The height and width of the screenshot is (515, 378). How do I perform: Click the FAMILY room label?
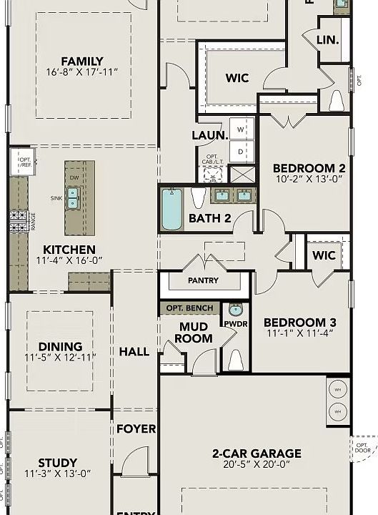(81, 62)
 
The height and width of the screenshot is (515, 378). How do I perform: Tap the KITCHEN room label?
(69, 250)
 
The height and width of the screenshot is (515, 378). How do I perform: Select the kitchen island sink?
(72, 203)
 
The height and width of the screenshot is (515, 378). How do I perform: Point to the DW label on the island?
(74, 177)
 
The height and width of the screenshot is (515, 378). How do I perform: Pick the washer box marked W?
(241, 129)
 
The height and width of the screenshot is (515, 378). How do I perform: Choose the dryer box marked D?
(241, 152)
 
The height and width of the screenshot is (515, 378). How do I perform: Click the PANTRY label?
(203, 281)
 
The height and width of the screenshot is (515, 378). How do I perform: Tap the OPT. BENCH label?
(189, 308)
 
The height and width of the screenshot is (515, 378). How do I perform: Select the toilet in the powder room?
(235, 359)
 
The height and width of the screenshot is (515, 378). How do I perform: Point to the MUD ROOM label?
(194, 333)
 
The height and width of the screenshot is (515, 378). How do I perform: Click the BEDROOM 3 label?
(300, 323)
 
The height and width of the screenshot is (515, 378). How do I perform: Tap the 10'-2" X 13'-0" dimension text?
(309, 180)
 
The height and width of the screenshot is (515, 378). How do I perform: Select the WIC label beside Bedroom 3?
(324, 255)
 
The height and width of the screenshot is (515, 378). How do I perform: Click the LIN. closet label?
(328, 41)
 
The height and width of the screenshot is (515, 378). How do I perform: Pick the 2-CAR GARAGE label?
(257, 453)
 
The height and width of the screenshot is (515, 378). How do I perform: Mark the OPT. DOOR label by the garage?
(363, 448)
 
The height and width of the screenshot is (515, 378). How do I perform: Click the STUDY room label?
(58, 463)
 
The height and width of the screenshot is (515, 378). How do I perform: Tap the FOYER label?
(136, 428)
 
